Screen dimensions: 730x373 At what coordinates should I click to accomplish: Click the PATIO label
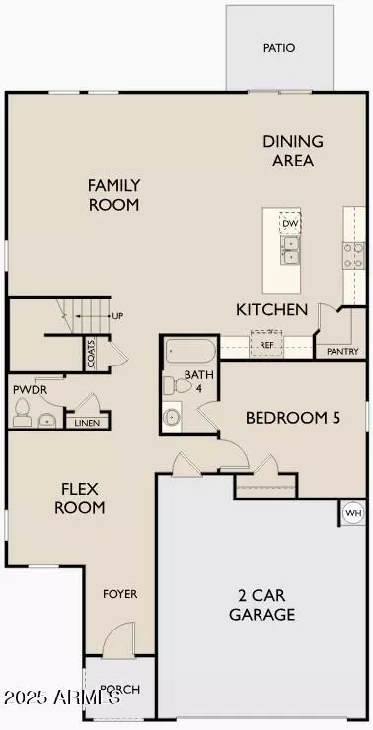click(x=278, y=47)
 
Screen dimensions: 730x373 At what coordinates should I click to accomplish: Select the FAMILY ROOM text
click(x=113, y=195)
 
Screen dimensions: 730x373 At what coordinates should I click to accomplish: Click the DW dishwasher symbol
click(x=290, y=224)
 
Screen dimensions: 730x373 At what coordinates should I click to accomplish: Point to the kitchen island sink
click(x=290, y=255)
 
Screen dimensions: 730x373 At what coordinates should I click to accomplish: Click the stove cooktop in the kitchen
click(x=353, y=256)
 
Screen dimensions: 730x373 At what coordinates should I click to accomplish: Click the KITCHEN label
click(x=271, y=310)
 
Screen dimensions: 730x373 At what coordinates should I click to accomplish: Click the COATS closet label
click(x=91, y=353)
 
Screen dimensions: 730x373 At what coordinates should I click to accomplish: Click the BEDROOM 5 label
click(x=293, y=418)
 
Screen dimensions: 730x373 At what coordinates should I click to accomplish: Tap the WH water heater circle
click(x=352, y=513)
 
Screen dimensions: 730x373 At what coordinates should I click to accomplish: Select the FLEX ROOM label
click(x=84, y=498)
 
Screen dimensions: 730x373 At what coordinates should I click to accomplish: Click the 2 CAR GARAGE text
click(x=266, y=604)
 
